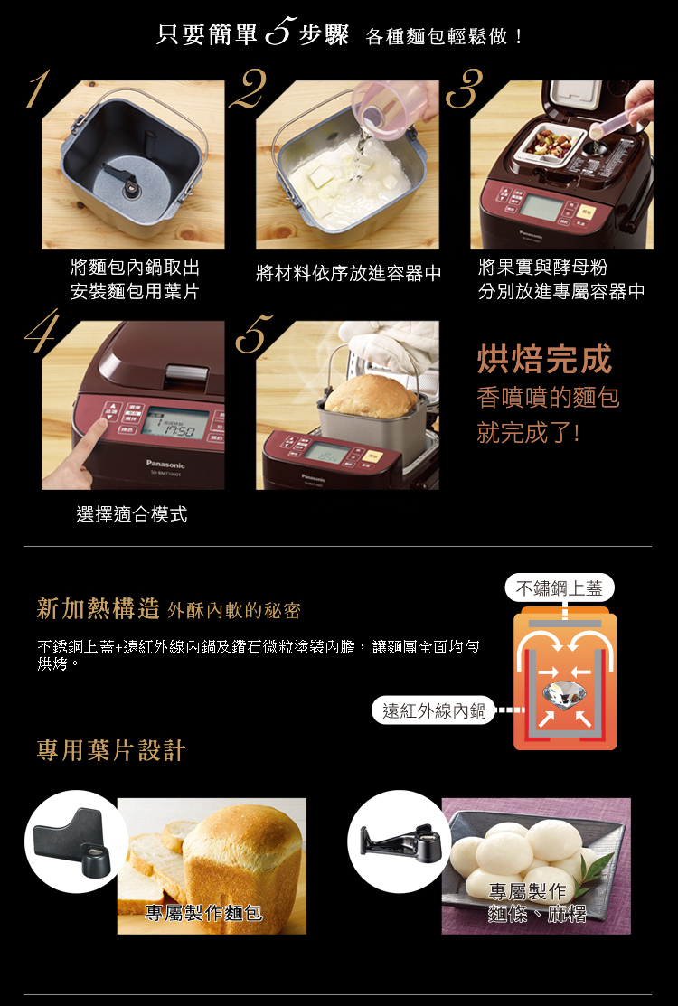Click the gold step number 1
(x=38, y=89)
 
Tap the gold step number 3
(x=465, y=89)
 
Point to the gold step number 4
(x=42, y=331)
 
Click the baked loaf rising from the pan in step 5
(x=370, y=396)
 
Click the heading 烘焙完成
(x=544, y=359)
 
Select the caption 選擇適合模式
(x=131, y=514)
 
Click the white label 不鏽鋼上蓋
(x=560, y=588)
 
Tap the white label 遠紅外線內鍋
(x=434, y=710)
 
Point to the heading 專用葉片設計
(x=111, y=750)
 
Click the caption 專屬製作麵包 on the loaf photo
(x=204, y=912)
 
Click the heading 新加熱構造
(x=99, y=608)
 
